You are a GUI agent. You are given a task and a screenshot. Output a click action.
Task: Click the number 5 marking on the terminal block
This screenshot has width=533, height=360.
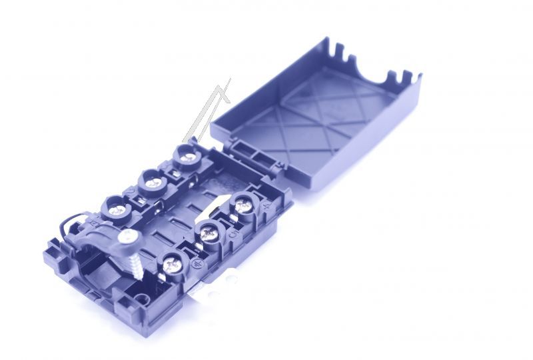pyautogui.click(x=231, y=234)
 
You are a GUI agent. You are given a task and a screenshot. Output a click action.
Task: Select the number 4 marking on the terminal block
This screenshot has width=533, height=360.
pyautogui.click(x=266, y=207)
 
